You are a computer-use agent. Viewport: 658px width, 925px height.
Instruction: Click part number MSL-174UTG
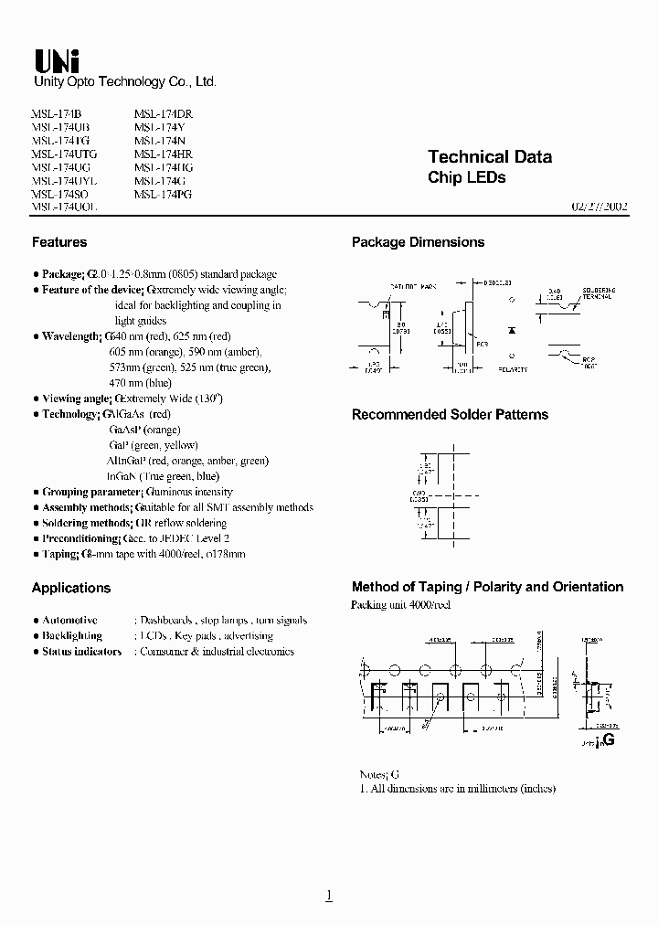click(x=64, y=154)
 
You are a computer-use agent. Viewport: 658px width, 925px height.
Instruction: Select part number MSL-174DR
click(x=163, y=113)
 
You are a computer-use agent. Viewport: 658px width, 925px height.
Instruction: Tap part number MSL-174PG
click(x=163, y=195)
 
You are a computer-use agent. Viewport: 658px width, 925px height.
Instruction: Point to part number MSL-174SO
click(x=61, y=195)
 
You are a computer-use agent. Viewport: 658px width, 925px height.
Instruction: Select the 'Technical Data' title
click(x=490, y=157)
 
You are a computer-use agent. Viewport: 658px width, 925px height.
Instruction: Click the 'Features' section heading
click(x=59, y=242)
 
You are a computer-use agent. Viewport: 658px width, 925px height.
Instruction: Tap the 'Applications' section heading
click(x=71, y=588)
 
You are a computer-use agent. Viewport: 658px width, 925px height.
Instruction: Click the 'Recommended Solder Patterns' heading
click(x=450, y=414)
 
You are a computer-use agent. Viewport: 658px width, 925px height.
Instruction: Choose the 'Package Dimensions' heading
click(x=418, y=242)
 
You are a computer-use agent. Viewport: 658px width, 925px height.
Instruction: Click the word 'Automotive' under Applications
click(x=69, y=620)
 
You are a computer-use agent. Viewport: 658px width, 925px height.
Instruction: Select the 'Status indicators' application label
click(x=81, y=652)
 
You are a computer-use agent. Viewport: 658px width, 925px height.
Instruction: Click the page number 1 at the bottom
click(x=329, y=895)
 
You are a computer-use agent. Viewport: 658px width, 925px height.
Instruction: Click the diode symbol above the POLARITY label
click(x=512, y=326)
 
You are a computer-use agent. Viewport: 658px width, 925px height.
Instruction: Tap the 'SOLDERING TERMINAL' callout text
click(x=597, y=292)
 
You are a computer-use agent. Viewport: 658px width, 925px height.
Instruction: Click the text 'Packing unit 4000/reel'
click(x=400, y=605)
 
